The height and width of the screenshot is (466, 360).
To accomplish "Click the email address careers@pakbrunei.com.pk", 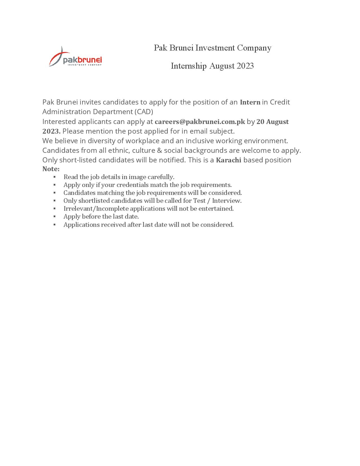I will (x=200, y=122).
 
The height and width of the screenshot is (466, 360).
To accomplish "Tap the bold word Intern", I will (x=250, y=102).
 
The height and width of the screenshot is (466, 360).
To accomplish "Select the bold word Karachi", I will (x=228, y=160).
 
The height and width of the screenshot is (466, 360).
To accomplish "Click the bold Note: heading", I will (x=51, y=169).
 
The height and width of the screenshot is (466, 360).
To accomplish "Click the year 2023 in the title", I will (x=245, y=66).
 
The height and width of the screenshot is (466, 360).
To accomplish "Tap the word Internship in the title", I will (x=189, y=66).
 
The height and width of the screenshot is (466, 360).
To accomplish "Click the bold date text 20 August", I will (x=272, y=122).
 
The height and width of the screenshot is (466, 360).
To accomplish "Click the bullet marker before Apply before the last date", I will (x=54, y=217).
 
